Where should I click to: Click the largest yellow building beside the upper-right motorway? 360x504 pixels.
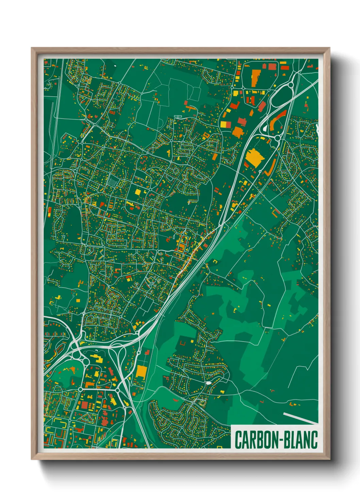tap(253, 157)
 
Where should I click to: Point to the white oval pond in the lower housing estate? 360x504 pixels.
tap(208, 383)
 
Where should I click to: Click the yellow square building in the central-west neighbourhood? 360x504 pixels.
tap(138, 192)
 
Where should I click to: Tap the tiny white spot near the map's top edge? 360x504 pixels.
tap(115, 65)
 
